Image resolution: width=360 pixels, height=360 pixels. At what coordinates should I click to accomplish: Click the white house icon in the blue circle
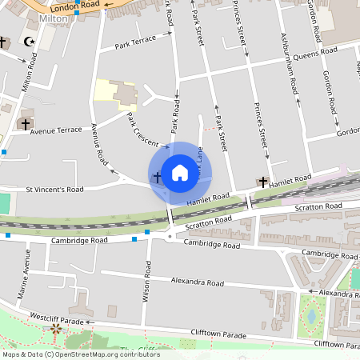[x=180, y=173]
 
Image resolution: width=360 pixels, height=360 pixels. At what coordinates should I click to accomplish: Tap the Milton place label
[x=54, y=17]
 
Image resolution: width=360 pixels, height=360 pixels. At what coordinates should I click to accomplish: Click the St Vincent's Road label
[x=55, y=190]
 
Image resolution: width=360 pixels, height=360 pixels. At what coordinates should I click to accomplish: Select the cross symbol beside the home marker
[x=157, y=175]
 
